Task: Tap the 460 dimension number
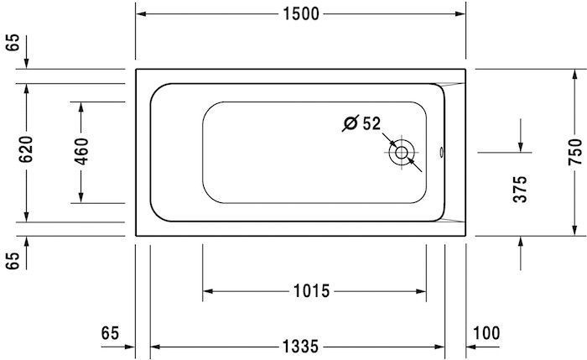tap(81, 151)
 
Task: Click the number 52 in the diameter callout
tap(371, 124)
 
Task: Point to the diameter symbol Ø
tap(350, 124)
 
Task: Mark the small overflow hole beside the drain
tap(443, 154)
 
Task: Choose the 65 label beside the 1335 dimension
tap(110, 331)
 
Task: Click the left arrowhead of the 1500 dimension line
tap(141, 15)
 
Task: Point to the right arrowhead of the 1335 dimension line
tap(439, 347)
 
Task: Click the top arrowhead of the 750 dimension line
tap(574, 73)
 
